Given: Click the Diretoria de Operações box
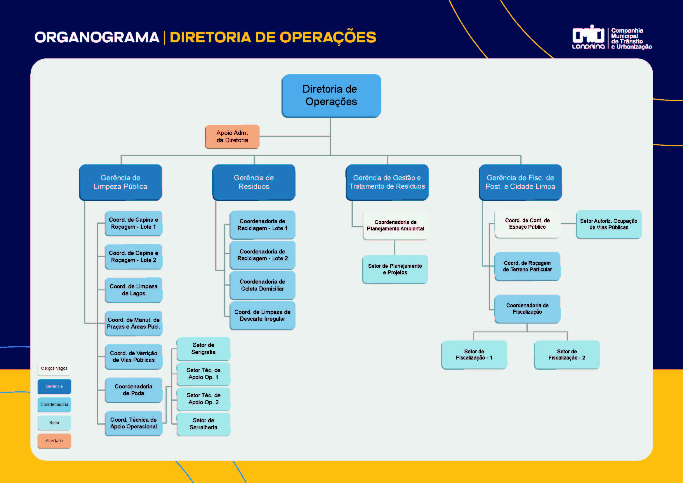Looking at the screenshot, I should pos(331,95).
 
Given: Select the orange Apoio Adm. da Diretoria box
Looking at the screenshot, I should pos(232,136).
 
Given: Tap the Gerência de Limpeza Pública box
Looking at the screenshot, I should pos(121,182).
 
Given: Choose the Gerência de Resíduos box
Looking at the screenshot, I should pos(254,182).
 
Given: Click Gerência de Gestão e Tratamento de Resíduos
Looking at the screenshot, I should pos(387,182).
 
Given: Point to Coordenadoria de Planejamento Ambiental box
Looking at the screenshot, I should pos(395,225).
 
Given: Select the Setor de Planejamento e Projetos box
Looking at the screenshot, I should pos(395,269).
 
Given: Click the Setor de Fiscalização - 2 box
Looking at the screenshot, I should pos(567,355).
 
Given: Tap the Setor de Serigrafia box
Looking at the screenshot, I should pos(204,349).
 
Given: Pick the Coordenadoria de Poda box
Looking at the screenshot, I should pos(133,390).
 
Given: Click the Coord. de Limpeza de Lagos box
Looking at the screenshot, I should pos(133,290).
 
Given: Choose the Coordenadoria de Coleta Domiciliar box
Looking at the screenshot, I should pos(263,285).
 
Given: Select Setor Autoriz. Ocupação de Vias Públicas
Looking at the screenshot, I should pos(609,224).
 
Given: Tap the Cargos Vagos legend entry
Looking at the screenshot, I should pos(54,369).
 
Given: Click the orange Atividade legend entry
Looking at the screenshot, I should pos(54,441).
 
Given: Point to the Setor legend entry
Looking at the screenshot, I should pos(54,423).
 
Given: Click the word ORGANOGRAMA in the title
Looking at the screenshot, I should pos(97,37).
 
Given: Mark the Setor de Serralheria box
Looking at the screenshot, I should pos(204,424).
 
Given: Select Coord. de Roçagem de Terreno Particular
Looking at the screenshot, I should pos(527,266).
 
